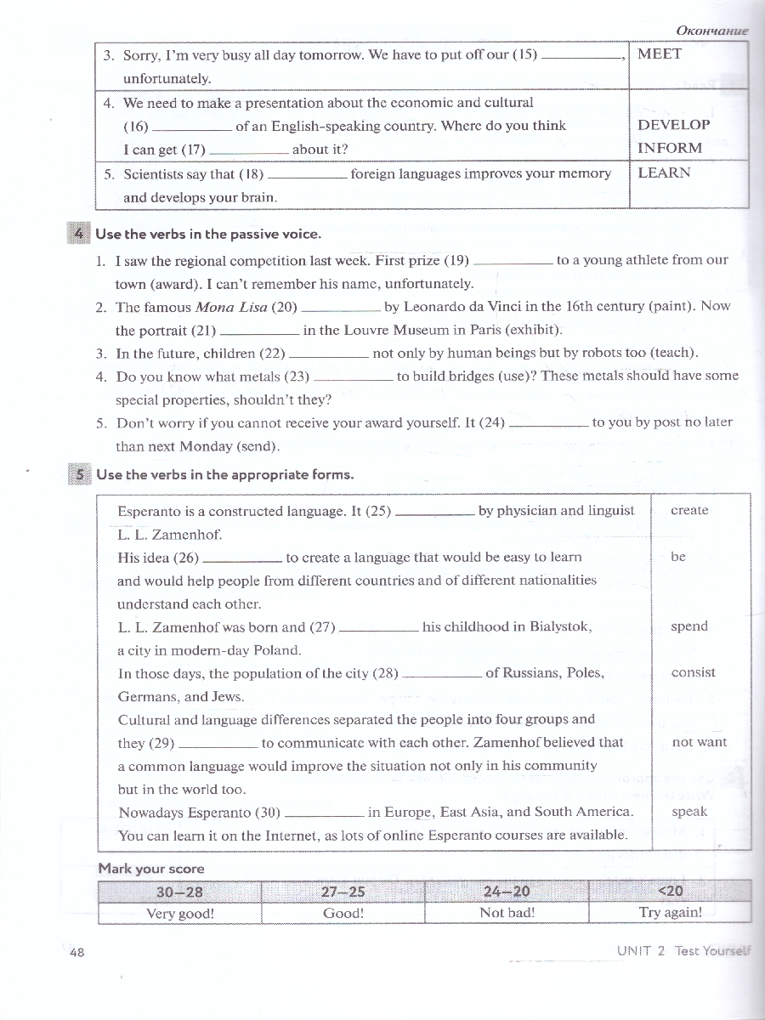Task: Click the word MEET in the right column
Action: coord(660,54)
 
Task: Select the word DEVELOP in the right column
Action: coord(673,124)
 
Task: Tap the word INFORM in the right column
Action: coord(670,148)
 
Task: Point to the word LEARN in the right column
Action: coord(664,173)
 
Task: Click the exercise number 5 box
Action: coord(77,474)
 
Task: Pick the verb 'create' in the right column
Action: coord(689,511)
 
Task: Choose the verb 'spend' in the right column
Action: coord(688,626)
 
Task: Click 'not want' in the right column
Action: coord(699,742)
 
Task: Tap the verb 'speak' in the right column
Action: coord(689,812)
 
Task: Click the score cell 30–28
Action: coord(179,892)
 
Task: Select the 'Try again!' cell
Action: coord(670,913)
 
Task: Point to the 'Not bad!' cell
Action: coord(507,913)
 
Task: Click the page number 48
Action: coord(76,953)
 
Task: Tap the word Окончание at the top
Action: coord(711,31)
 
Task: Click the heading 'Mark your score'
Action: coord(151,869)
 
